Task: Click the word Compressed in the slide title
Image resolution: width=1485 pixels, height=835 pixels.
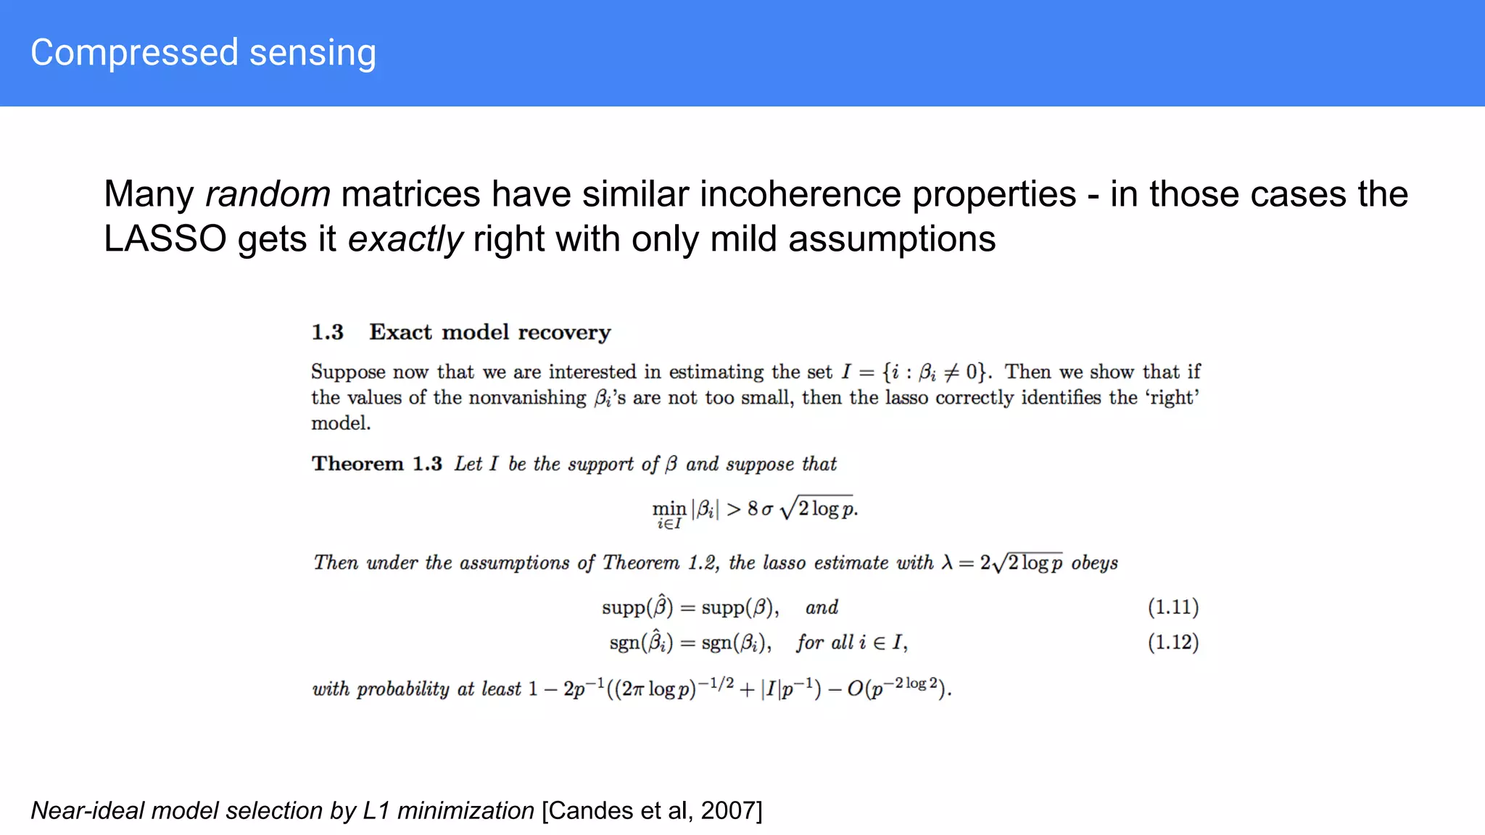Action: (x=134, y=54)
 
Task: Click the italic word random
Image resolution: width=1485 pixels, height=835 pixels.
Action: (x=268, y=194)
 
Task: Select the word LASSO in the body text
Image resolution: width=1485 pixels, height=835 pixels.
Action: (x=165, y=239)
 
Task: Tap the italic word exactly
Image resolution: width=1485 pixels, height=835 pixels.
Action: (x=405, y=239)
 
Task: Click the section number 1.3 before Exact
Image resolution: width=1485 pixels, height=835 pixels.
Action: (x=327, y=332)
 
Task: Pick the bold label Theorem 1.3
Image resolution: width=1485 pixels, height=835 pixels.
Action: (x=376, y=464)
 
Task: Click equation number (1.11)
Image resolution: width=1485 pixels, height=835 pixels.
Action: (x=1172, y=607)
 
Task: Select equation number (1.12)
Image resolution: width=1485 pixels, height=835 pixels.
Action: (x=1172, y=642)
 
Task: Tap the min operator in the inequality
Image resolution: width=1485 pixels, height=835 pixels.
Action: (x=669, y=508)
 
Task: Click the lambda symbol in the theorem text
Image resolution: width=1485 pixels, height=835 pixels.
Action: (x=947, y=562)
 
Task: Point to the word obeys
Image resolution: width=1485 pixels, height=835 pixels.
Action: (x=1094, y=563)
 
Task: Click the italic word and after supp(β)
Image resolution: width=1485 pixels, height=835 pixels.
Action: (x=822, y=607)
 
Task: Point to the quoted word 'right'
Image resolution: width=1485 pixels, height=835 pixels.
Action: (x=1172, y=398)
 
